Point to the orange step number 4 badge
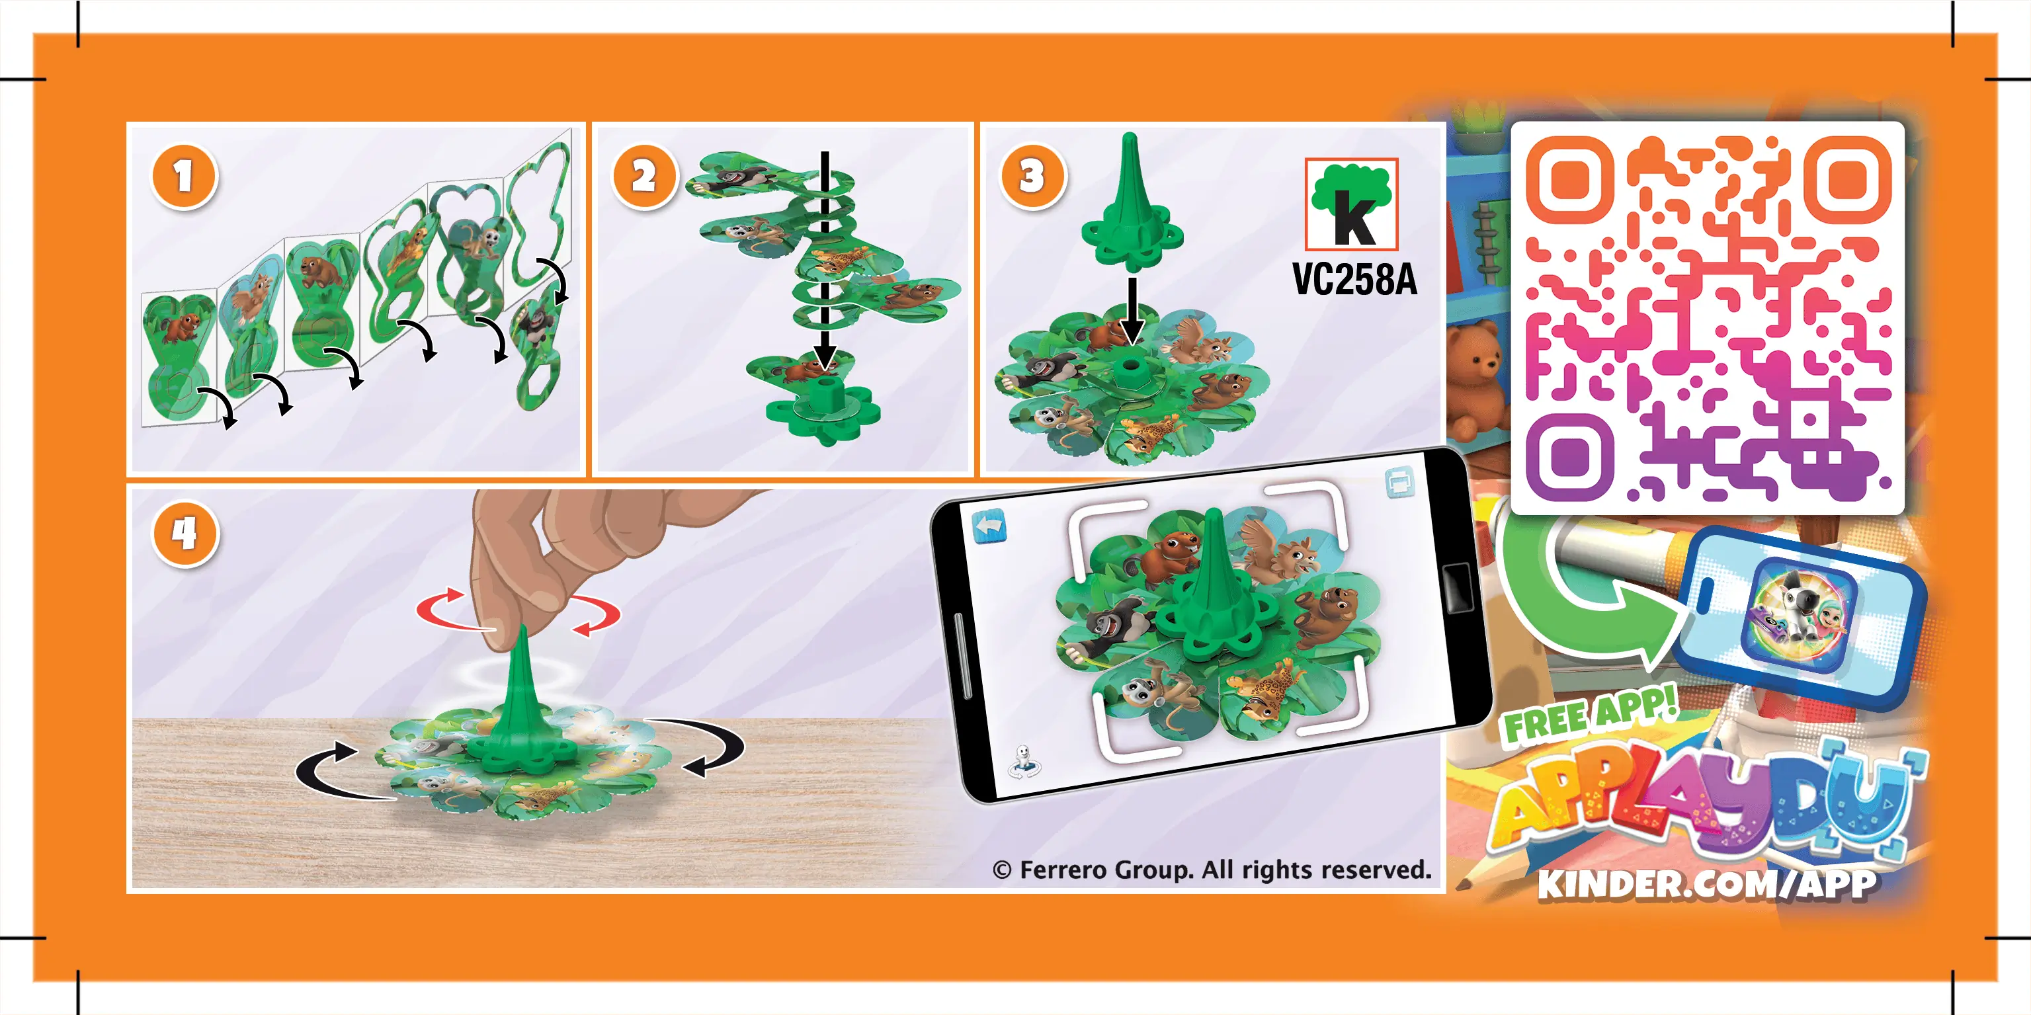click(x=184, y=534)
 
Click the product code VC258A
click(x=1354, y=279)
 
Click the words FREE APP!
click(x=1589, y=715)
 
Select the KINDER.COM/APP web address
click(x=1707, y=883)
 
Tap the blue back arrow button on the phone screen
click(x=989, y=526)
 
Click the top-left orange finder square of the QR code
click(x=1569, y=181)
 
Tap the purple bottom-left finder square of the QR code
click(x=1569, y=457)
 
